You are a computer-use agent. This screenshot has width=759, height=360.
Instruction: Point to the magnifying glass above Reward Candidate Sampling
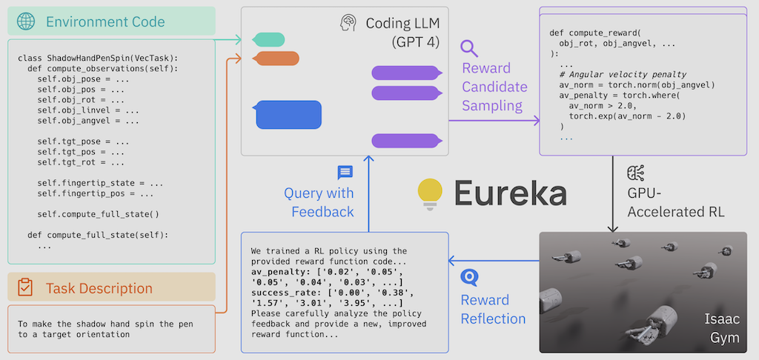[x=469, y=49]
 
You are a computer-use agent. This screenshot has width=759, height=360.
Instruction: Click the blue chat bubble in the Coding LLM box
[x=288, y=115]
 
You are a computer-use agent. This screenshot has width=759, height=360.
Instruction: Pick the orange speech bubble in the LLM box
[x=275, y=59]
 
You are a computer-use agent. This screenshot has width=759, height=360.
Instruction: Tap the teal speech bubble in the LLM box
[x=268, y=39]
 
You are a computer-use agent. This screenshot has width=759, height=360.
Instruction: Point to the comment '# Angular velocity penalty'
[x=623, y=74]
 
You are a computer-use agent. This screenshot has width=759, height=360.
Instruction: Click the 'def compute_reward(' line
[x=594, y=33]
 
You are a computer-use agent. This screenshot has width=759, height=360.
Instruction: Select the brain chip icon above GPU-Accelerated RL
[x=635, y=173]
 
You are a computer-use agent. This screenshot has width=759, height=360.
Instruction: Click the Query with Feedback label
[x=319, y=202]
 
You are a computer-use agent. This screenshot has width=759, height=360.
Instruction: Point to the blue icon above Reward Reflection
[x=469, y=278]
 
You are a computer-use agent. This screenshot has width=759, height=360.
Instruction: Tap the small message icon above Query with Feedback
[x=345, y=173]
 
